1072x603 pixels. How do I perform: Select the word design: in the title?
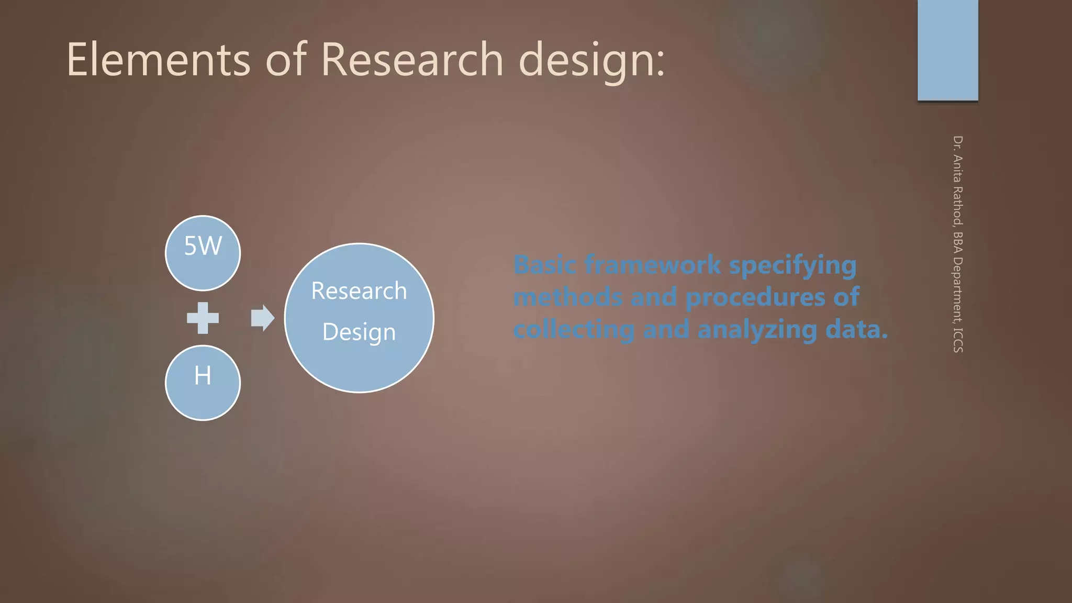click(591, 60)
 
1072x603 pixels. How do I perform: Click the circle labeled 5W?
click(203, 253)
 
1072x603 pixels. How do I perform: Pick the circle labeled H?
click(203, 382)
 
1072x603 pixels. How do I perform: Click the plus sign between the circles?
click(203, 318)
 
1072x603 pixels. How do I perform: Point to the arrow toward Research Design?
click(262, 318)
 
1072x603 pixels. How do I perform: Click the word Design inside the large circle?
click(359, 332)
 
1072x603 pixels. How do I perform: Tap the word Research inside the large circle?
click(359, 291)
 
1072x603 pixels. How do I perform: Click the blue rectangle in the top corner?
click(947, 50)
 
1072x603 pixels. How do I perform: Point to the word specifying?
click(792, 266)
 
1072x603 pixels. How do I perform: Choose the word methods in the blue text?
click(568, 297)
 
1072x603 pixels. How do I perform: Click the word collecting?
click(574, 330)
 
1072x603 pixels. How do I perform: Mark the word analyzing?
click(757, 330)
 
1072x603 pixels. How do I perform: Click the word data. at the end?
click(856, 330)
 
